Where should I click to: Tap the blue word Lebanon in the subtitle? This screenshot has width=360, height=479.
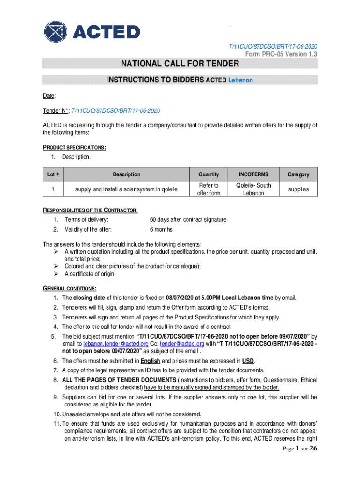(x=240, y=80)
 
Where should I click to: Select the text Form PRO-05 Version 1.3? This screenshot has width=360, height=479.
(x=281, y=54)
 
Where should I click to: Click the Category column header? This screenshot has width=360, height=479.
(x=298, y=174)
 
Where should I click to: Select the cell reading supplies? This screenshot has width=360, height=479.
(x=298, y=189)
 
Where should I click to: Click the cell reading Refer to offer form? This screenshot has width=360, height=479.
(x=209, y=189)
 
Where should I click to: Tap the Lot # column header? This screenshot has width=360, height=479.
(x=53, y=174)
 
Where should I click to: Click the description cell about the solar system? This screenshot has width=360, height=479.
(x=126, y=189)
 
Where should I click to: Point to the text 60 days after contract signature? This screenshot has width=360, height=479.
(x=188, y=219)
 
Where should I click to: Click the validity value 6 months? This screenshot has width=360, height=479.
(x=161, y=229)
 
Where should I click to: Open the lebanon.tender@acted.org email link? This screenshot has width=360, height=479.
(x=109, y=343)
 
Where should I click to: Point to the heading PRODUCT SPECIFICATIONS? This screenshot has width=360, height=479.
(x=75, y=148)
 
